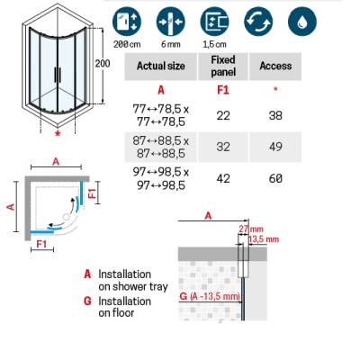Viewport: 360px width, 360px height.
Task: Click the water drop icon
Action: (302, 22)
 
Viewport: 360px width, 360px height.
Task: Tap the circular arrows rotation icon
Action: (258, 22)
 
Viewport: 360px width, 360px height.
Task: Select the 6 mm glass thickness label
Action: (171, 44)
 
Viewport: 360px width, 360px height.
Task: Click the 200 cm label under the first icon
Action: (127, 44)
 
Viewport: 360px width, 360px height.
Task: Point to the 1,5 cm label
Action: (214, 44)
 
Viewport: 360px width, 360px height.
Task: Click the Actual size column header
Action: (161, 66)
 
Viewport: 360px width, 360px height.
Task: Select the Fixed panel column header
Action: (223, 66)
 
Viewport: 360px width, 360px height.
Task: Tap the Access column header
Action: (275, 66)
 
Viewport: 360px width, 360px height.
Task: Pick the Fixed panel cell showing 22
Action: (223, 115)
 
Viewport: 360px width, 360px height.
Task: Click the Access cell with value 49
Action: (275, 147)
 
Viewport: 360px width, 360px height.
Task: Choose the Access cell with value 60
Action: (275, 178)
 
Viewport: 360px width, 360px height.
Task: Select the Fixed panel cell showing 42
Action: (223, 178)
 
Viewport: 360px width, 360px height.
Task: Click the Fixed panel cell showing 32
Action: (223, 147)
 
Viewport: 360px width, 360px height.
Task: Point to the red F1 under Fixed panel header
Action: (223, 90)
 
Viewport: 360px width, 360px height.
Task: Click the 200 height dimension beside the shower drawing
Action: (103, 64)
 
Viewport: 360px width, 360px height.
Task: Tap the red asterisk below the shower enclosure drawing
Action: (58, 134)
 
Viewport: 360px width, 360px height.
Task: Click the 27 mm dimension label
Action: (251, 229)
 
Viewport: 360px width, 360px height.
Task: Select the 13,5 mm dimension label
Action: (264, 239)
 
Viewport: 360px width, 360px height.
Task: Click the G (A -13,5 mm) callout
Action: (210, 296)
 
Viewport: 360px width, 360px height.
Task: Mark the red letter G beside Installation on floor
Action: (87, 301)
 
